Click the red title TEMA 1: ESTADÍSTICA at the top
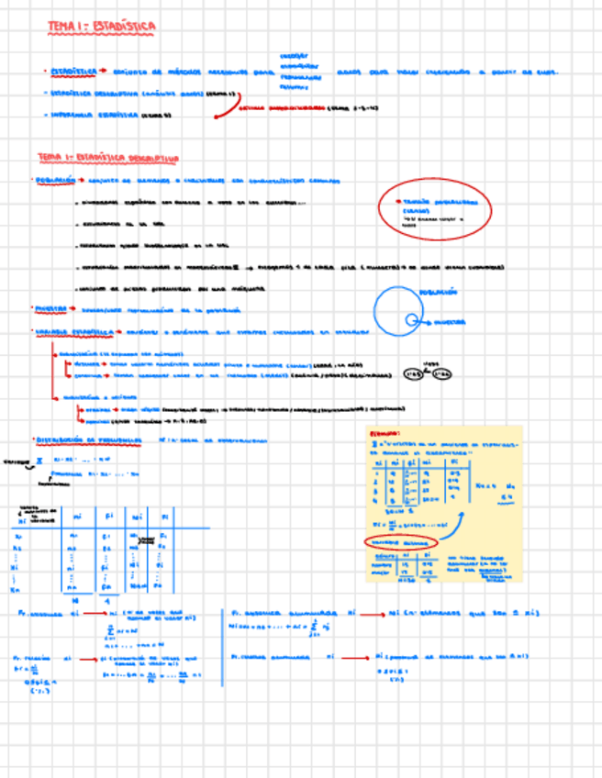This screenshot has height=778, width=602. [x=102, y=28]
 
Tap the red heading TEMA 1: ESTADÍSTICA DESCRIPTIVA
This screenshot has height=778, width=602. [x=107, y=158]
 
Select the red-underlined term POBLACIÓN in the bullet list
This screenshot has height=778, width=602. [x=55, y=181]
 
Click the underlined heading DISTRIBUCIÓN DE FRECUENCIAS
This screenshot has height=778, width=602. [x=88, y=440]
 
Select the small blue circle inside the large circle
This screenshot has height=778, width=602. [x=412, y=320]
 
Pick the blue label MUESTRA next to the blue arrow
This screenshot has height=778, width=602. [x=451, y=322]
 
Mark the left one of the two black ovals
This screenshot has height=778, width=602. [x=415, y=374]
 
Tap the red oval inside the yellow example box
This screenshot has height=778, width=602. [x=401, y=542]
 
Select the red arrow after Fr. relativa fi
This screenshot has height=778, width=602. [x=88, y=659]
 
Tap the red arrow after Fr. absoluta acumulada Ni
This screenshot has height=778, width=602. [x=373, y=615]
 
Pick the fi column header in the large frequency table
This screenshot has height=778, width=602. [x=107, y=514]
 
